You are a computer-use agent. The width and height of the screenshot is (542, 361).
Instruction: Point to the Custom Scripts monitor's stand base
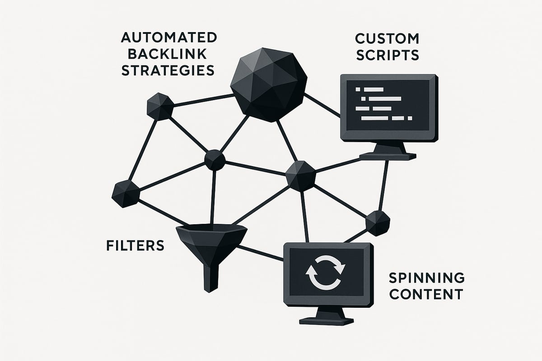[387, 156]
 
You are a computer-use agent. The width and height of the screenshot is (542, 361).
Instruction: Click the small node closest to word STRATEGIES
[160, 106]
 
